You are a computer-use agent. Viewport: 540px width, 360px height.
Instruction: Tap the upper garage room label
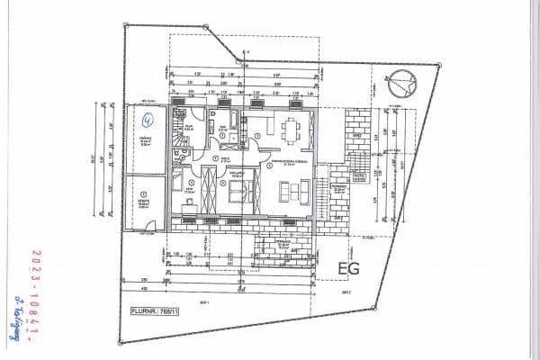145,142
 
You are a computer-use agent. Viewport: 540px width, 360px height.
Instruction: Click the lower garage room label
144,203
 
